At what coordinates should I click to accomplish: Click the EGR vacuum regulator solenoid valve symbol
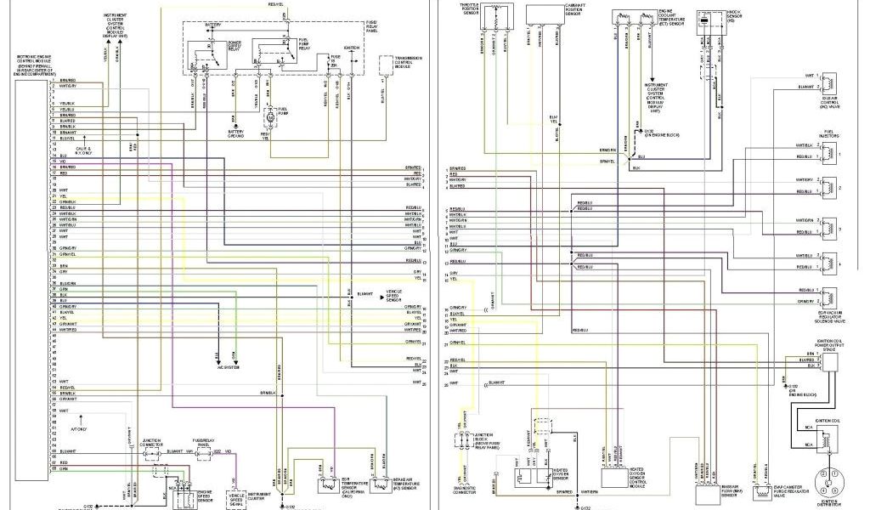tap(829, 297)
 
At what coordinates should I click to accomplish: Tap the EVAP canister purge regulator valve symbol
tap(762, 494)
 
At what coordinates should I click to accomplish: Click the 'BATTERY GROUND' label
tap(235, 133)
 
